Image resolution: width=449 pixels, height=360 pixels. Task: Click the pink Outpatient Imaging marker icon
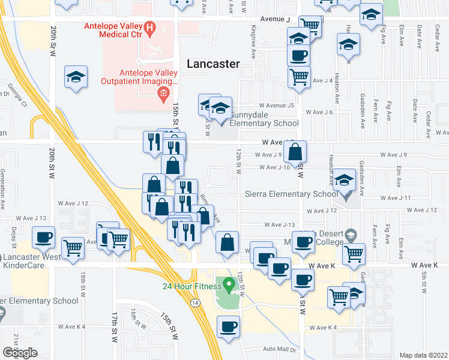click(161, 93)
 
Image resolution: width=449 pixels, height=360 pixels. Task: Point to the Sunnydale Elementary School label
click(259, 124)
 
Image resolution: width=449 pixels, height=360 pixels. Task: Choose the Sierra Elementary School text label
click(287, 194)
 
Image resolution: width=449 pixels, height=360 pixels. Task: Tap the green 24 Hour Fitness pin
click(228, 283)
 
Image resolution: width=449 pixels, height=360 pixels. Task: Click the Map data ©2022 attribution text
click(423, 355)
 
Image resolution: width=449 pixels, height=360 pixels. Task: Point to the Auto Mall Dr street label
click(279, 349)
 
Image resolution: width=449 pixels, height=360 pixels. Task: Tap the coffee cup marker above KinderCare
click(43, 238)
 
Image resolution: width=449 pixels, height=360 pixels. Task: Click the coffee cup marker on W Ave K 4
click(228, 327)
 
